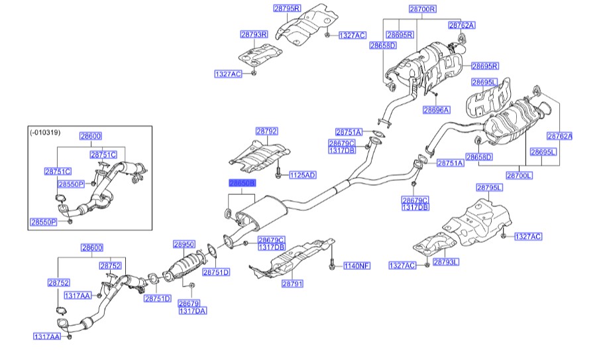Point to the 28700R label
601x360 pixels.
point(422,9)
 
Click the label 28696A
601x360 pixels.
point(435,110)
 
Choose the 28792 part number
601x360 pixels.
point(266,131)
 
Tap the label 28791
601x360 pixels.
point(292,283)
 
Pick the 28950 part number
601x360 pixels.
point(185,245)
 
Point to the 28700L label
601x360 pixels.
point(519,176)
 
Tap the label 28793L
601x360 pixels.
point(446,262)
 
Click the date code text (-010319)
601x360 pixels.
point(45,132)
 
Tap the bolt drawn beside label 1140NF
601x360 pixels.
point(331,265)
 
